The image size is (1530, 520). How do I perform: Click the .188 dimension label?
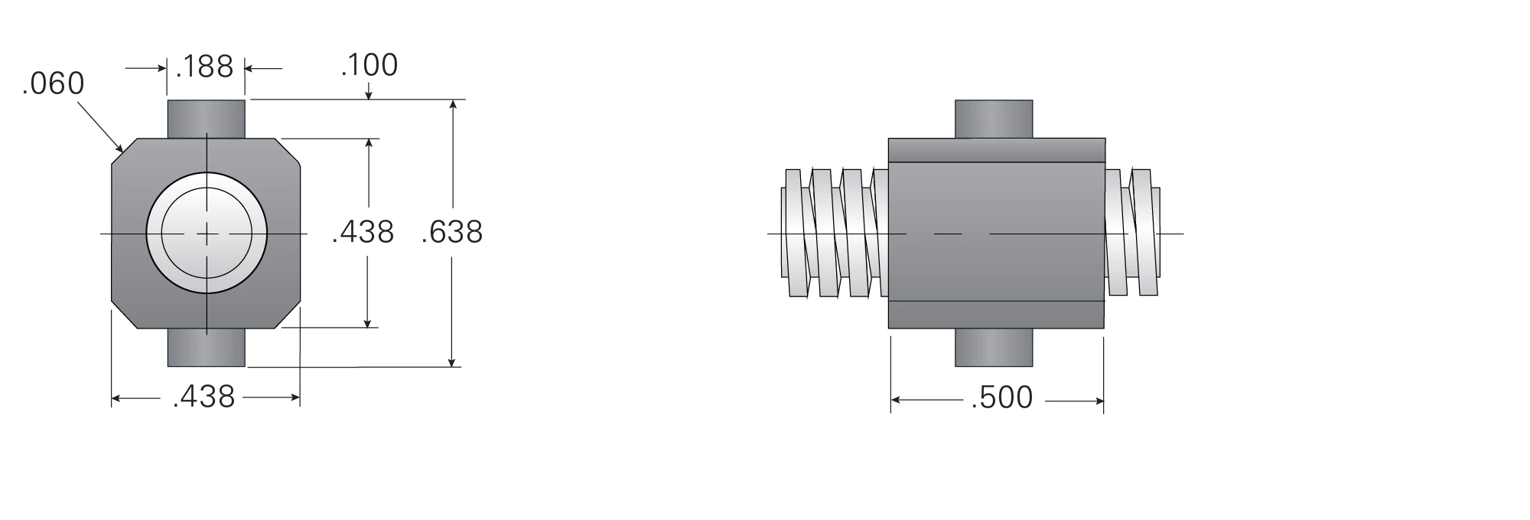[x=204, y=67]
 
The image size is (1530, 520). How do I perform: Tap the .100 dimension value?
[x=369, y=65]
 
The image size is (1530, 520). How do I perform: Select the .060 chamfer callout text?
[x=53, y=83]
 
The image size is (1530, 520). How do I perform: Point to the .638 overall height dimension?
[x=452, y=232]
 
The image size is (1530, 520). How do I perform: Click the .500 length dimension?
[x=1002, y=397]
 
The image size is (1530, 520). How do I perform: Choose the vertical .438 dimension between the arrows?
[x=363, y=231]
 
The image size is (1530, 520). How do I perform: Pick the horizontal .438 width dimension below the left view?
[x=204, y=397]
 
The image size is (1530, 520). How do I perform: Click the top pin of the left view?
[x=207, y=119]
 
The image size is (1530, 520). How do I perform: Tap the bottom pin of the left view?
[x=207, y=347]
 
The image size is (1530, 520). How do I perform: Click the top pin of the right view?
[x=994, y=119]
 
